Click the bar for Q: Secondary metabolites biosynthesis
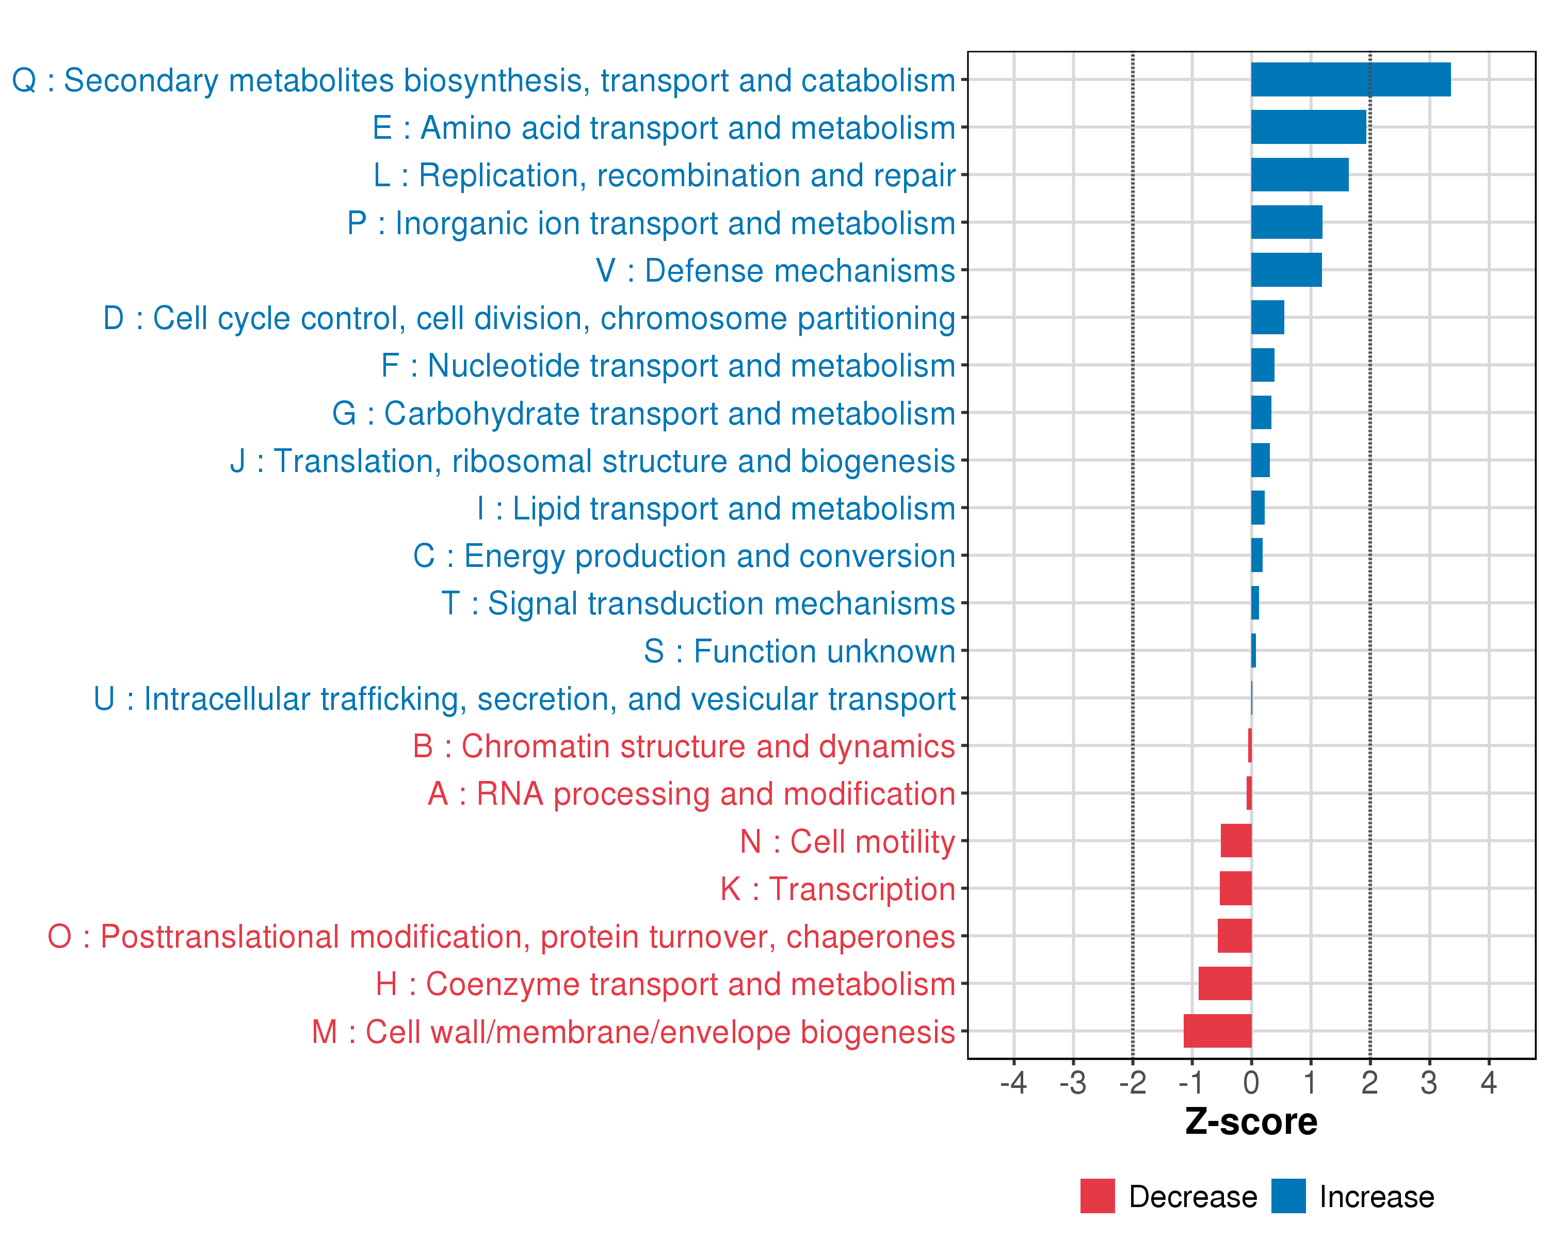click(x=1350, y=79)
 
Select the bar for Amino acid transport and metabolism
click(x=1308, y=127)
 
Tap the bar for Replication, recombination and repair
click(x=1300, y=174)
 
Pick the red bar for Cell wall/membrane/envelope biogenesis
click(x=1217, y=1031)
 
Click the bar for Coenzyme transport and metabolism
click(x=1225, y=983)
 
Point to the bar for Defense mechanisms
click(x=1286, y=270)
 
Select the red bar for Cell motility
click(x=1236, y=840)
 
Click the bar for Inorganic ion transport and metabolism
click(x=1286, y=222)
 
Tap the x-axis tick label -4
click(x=1013, y=1082)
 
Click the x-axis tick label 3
click(x=1429, y=1082)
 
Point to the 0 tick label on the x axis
click(x=1251, y=1082)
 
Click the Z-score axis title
click(x=1251, y=1122)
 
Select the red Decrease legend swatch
click(x=1097, y=1196)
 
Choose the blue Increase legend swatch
click(x=1288, y=1196)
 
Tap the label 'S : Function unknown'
click(x=799, y=651)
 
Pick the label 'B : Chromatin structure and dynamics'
click(x=684, y=746)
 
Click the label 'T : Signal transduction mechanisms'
click(x=698, y=604)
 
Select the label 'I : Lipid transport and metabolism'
click(x=716, y=509)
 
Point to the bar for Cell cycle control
click(x=1267, y=317)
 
